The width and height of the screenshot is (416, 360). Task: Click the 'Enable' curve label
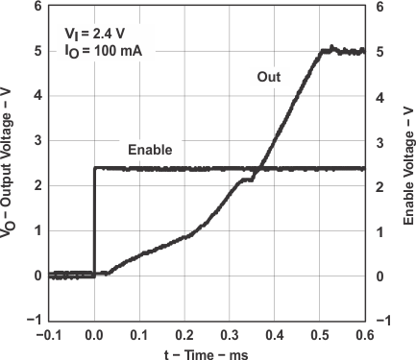click(149, 150)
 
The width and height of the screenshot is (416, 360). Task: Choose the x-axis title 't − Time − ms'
click(206, 351)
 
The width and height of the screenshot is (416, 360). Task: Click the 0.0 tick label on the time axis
click(94, 334)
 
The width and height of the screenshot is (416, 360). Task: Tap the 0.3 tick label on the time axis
click(230, 334)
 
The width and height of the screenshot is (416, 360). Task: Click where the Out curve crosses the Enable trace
click(259, 169)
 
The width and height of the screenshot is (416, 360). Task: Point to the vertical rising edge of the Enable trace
click(94, 221)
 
